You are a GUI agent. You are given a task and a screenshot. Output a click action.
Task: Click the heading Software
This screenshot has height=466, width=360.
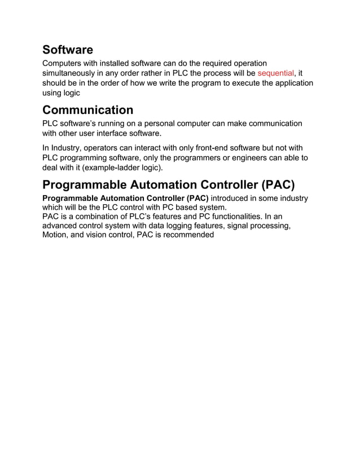pos(68,50)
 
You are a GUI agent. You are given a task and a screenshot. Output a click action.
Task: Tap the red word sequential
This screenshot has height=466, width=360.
pos(276,73)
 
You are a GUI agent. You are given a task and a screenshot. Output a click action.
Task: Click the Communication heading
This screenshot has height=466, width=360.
pos(88,110)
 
